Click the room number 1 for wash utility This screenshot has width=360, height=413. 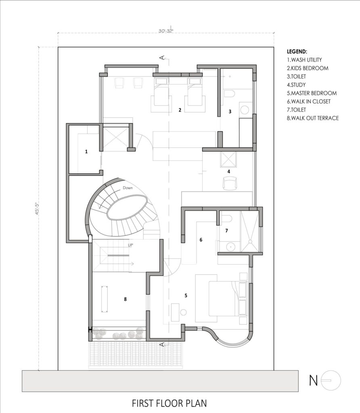86,152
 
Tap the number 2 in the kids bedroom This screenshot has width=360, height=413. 180,110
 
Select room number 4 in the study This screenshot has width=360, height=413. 229,171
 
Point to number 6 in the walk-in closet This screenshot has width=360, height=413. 201,240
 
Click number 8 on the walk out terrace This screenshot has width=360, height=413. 126,299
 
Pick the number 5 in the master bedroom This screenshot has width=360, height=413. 186,296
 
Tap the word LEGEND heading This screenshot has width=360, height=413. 297,52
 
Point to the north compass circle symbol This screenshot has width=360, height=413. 331,380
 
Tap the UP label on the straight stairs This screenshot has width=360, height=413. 130,245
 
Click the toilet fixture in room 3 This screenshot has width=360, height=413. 229,95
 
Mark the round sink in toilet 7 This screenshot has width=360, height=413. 230,246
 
